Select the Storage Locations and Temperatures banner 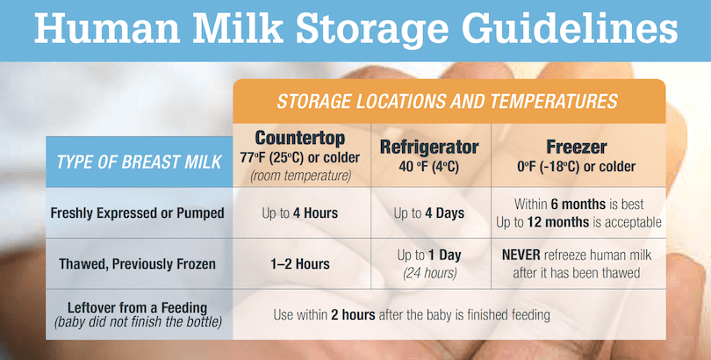(448, 101)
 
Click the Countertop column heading (300, 139)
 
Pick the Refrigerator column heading (429, 147)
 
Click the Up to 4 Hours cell (300, 213)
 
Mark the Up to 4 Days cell (429, 213)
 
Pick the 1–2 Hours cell (300, 263)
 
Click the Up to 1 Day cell (429, 256)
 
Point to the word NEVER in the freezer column (524, 256)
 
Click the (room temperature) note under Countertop (300, 175)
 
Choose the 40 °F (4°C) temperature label (429, 166)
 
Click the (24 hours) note (429, 272)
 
